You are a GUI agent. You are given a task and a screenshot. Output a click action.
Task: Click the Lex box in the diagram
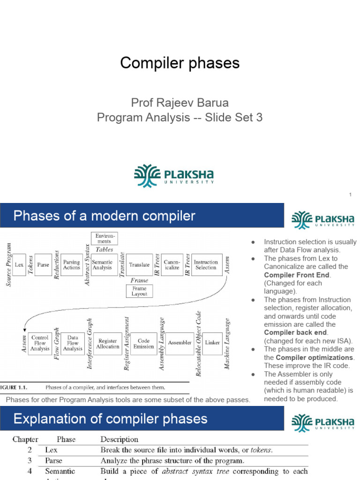19,265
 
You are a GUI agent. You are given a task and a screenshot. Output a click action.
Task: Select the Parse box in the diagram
43,265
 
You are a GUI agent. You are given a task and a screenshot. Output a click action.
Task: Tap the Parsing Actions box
72,265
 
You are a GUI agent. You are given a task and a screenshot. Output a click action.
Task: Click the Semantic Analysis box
102,265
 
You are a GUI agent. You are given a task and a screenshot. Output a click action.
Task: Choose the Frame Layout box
139,291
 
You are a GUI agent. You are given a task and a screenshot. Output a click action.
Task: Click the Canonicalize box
172,265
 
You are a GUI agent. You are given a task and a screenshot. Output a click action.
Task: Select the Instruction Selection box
206,265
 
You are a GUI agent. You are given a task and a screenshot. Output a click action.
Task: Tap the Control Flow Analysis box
40,343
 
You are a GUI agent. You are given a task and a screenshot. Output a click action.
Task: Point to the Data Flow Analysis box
73,343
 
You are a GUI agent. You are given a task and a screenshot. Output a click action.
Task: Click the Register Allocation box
108,343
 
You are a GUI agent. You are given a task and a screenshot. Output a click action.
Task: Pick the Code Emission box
143,343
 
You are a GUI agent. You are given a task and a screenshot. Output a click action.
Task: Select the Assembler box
180,343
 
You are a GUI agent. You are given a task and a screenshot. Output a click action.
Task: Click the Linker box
212,343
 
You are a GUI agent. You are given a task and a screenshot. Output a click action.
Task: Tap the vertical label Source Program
7,265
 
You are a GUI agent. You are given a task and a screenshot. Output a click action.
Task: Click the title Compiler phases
180,63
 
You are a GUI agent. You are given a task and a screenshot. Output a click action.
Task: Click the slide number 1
350,195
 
